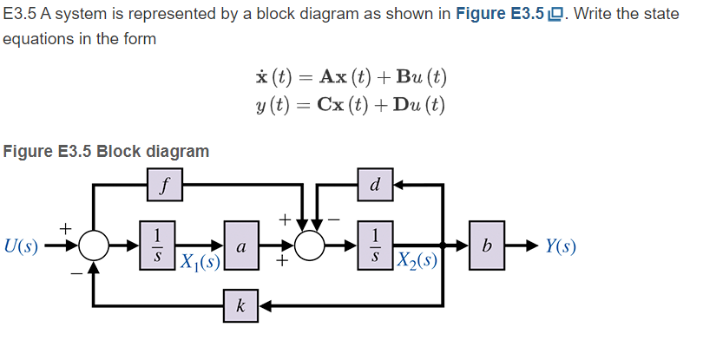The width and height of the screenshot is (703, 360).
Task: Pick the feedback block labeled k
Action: pos(240,305)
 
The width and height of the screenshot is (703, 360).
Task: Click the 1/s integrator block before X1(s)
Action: pos(157,245)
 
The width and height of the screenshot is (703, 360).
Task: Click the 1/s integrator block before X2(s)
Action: pos(374,245)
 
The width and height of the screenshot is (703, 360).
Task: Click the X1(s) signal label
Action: pos(198,261)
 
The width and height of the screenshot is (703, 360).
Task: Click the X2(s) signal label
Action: pos(415,261)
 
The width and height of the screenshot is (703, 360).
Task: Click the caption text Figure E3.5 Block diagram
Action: pos(106,151)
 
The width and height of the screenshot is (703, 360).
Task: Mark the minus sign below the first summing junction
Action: pos(76,272)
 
